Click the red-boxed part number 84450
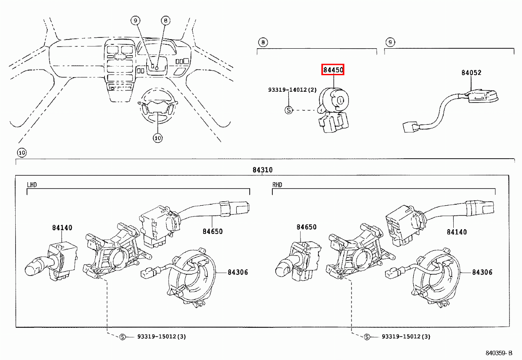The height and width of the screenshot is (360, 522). pyautogui.click(x=333, y=70)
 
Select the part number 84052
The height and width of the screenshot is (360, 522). pyautogui.click(x=471, y=73)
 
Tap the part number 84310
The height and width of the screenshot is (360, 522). pyautogui.click(x=262, y=170)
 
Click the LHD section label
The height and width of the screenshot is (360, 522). pyautogui.click(x=32, y=185)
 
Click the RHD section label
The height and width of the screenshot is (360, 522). pyautogui.click(x=277, y=185)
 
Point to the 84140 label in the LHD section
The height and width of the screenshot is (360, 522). pyautogui.click(x=62, y=227)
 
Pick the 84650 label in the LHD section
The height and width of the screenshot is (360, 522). pyautogui.click(x=212, y=231)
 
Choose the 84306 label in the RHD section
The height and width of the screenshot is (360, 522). pyautogui.click(x=482, y=272)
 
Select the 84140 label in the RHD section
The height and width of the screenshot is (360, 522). pyautogui.click(x=457, y=232)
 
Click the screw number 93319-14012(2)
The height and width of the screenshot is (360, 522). pyautogui.click(x=292, y=90)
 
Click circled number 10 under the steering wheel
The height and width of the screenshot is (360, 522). pyautogui.click(x=157, y=138)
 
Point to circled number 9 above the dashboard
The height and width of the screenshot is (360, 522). pyautogui.click(x=135, y=20)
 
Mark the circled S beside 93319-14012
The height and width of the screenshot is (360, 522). pyautogui.click(x=288, y=110)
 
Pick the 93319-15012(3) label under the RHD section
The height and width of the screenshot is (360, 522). pyautogui.click(x=406, y=337)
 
